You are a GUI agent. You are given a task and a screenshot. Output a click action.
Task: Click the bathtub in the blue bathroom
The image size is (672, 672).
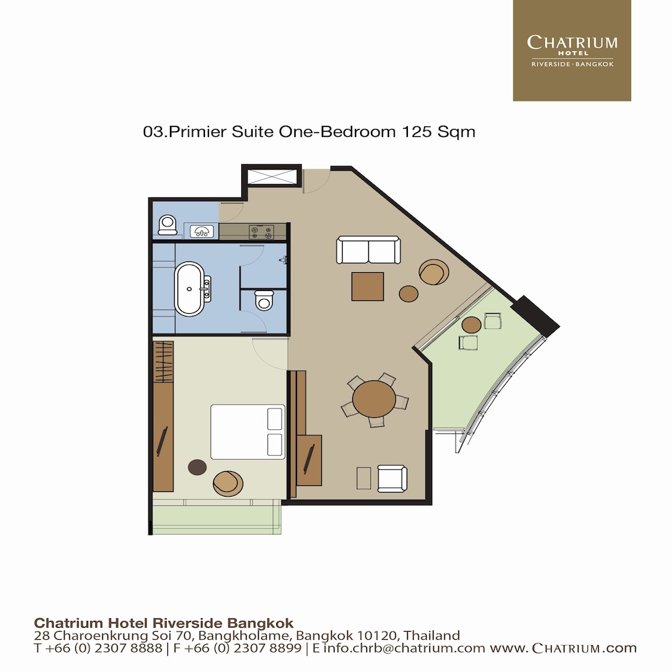coord(190,289)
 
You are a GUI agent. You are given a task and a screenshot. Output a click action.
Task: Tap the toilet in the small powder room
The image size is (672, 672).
coord(167,224)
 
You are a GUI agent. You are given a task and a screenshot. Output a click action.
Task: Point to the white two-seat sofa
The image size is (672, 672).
coord(368,250)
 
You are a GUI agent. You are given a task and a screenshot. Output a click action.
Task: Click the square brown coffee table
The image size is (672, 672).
coord(368,286)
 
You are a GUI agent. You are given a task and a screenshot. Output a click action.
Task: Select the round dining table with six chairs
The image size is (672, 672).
coord(374,399)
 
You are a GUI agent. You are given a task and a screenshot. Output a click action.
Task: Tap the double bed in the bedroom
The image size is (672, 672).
coord(247,431)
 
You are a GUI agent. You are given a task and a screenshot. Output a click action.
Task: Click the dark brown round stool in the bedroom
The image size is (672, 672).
coord(197,467)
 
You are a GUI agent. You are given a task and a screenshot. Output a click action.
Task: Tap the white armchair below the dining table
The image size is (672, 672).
coord(392,478)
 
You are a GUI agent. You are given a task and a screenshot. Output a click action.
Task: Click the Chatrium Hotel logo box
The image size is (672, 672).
coord(571,50)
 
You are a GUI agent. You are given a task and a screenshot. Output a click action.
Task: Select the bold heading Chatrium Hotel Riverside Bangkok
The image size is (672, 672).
coord(164,622)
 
